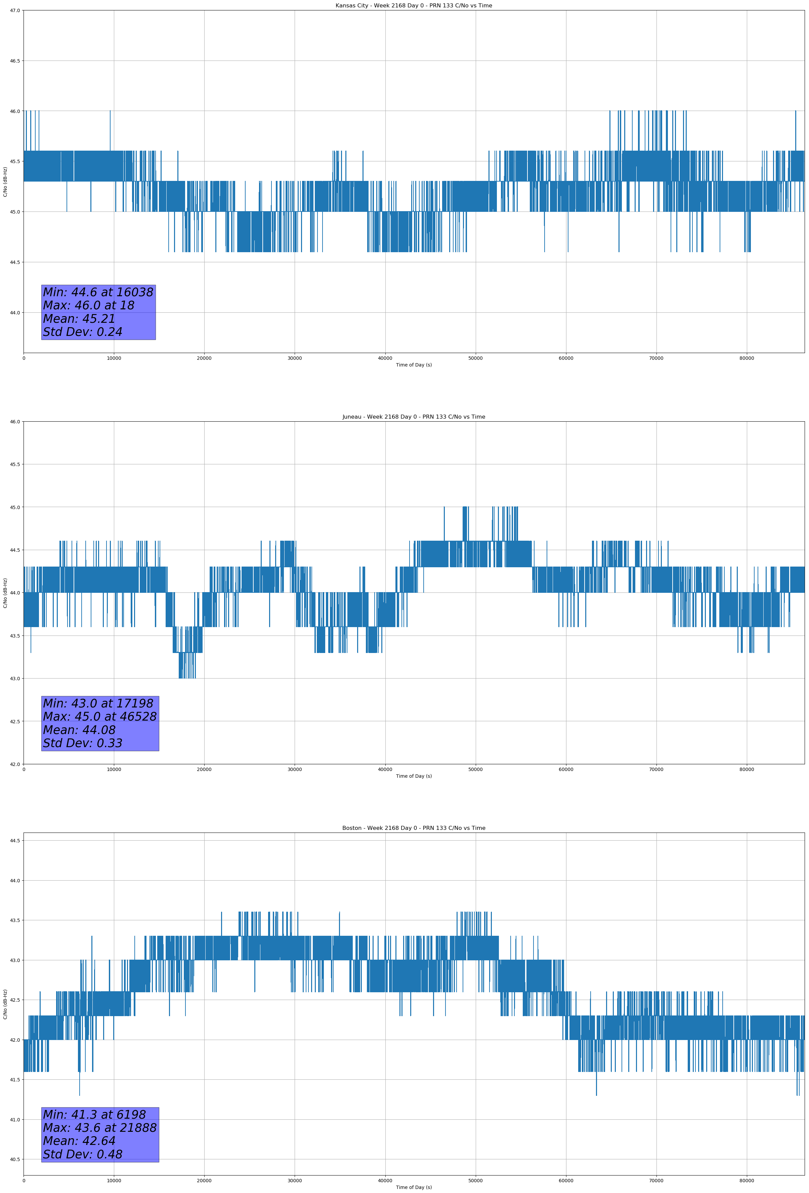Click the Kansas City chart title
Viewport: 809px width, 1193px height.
[x=414, y=6]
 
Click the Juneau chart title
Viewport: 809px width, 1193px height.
[x=414, y=417]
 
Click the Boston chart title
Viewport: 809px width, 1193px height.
[x=414, y=828]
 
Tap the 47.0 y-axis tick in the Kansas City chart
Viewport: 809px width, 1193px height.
[x=14, y=11]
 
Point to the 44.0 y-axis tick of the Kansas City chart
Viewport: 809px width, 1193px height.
[x=14, y=313]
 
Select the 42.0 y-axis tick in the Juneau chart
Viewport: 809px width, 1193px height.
[x=14, y=764]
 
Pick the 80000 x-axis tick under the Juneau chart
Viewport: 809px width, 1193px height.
[x=747, y=769]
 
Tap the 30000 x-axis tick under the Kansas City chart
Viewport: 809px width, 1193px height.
[x=294, y=358]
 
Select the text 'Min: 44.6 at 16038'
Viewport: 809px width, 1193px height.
[x=98, y=292]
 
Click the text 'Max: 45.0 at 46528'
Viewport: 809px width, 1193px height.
[x=99, y=717]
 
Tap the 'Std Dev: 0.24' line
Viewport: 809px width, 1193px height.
[x=83, y=332]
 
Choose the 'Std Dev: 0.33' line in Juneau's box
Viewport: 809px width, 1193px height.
[x=83, y=743]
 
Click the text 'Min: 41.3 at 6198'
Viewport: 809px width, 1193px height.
[x=94, y=1114]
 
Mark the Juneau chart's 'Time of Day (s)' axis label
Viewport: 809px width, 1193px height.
[x=414, y=776]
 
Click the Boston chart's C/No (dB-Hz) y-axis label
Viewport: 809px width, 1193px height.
[x=5, y=1004]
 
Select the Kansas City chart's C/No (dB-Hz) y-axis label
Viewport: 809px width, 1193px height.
[x=5, y=182]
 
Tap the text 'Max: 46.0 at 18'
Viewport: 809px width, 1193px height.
[x=88, y=305]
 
